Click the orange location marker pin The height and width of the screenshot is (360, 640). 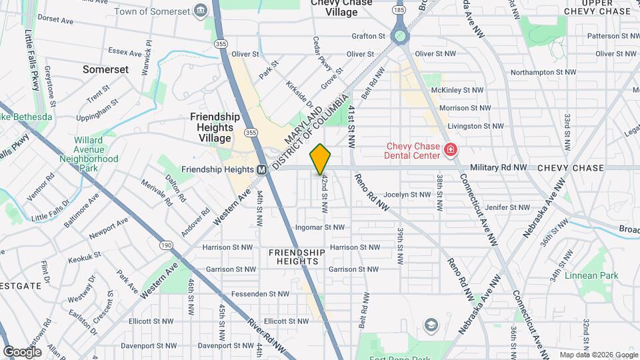pyautogui.click(x=321, y=159)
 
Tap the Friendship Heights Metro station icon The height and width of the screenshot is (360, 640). pyautogui.click(x=263, y=169)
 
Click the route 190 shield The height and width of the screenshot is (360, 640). pyautogui.click(x=166, y=245)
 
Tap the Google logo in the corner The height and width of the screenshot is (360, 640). pyautogui.click(x=22, y=351)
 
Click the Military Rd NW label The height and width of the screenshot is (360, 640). pyautogui.click(x=499, y=168)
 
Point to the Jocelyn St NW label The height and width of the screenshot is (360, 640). pyautogui.click(x=407, y=195)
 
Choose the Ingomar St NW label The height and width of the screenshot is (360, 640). pyautogui.click(x=321, y=227)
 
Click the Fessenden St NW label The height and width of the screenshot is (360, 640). pyautogui.click(x=260, y=293)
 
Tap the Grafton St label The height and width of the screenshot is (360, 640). pyautogui.click(x=369, y=36)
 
